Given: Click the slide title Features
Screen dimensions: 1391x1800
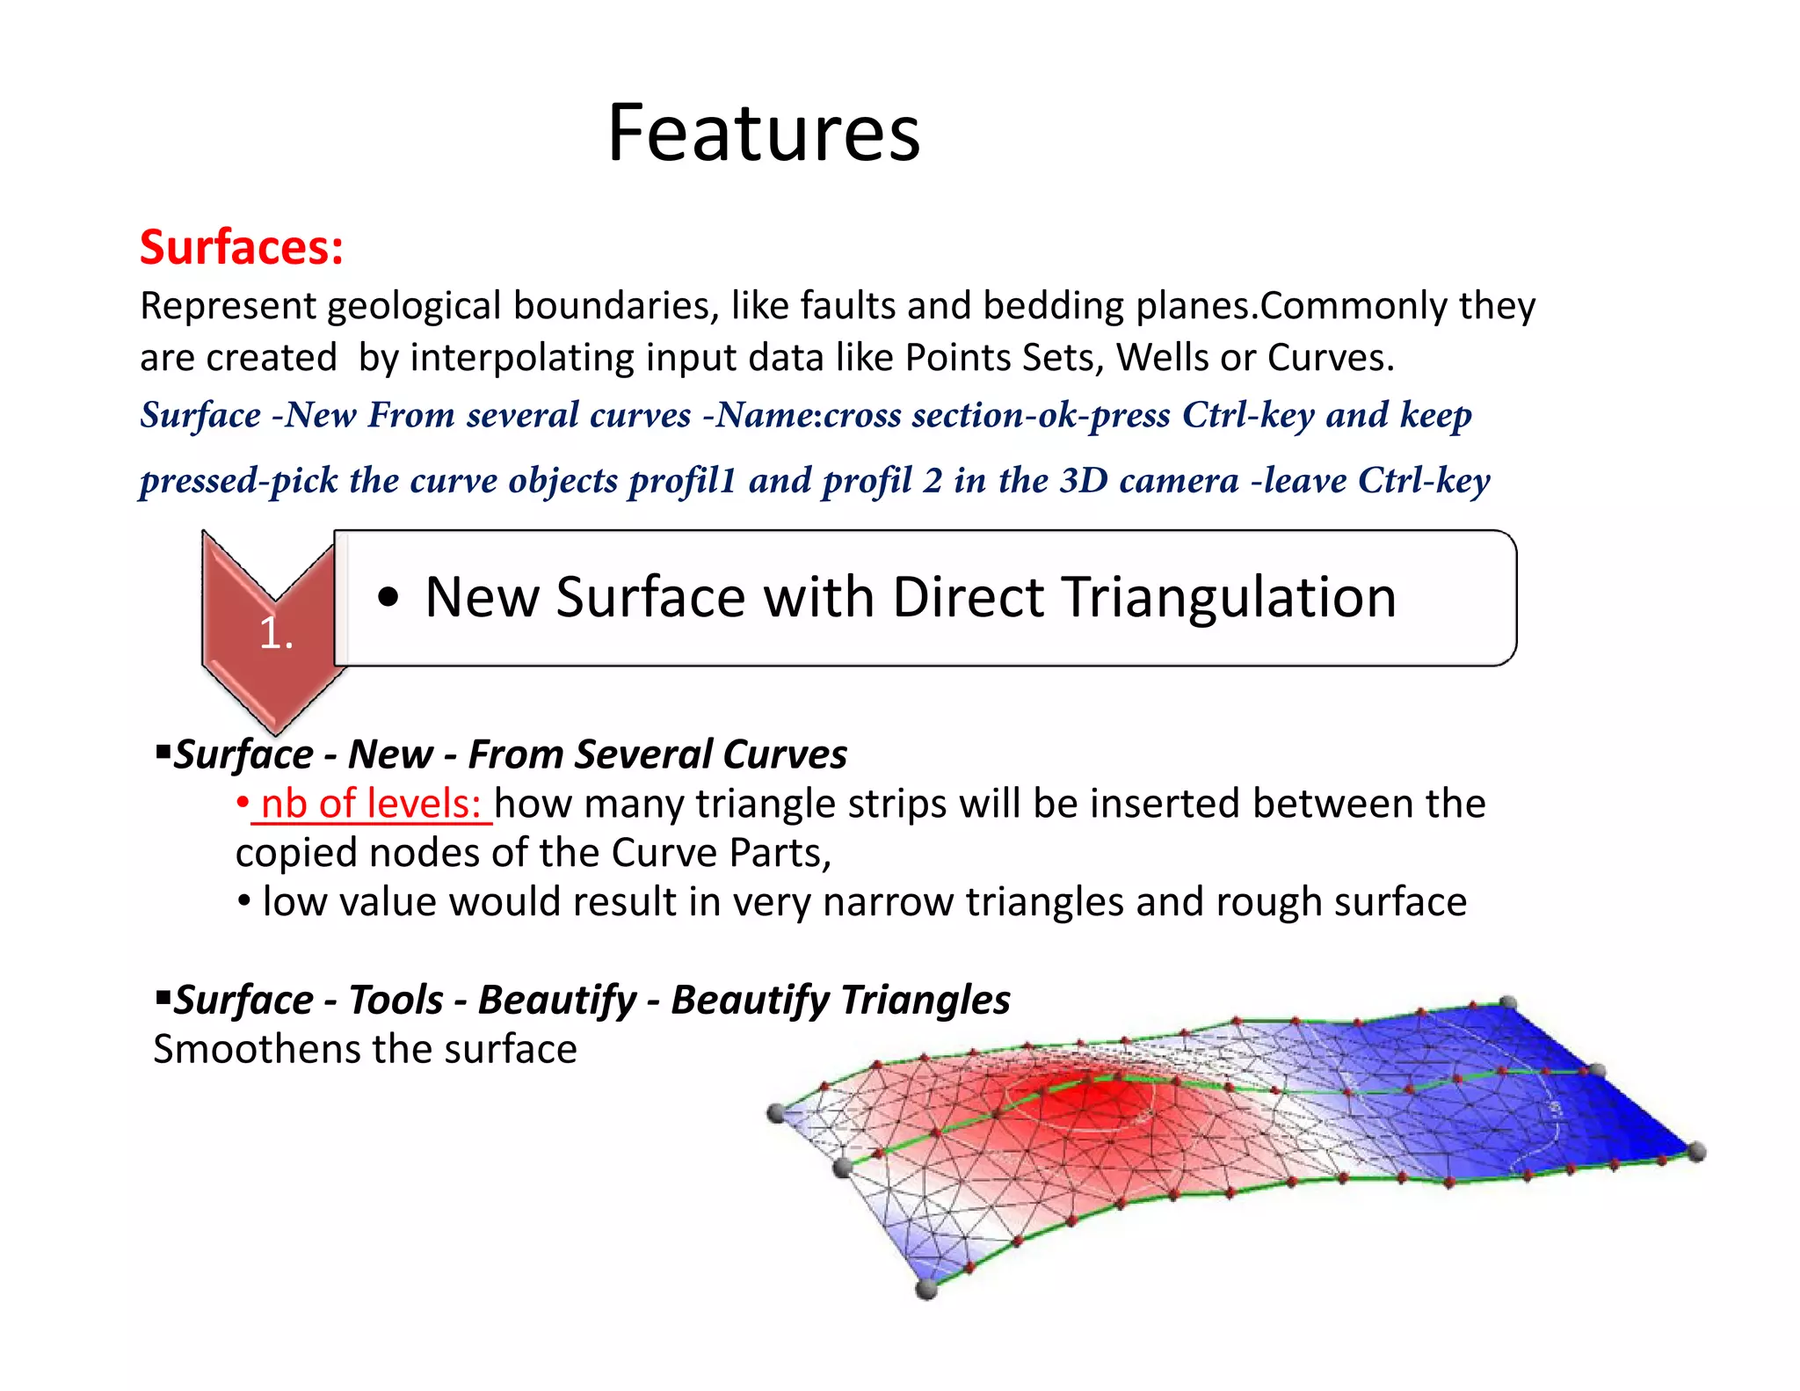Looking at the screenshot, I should coord(763,134).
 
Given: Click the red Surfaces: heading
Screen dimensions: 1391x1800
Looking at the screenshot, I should coord(241,247).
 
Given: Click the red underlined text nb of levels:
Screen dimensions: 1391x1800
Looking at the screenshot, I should coord(371,804).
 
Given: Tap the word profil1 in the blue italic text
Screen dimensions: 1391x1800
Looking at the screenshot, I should coord(681,480).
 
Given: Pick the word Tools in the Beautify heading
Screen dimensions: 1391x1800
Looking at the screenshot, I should coord(396,1000).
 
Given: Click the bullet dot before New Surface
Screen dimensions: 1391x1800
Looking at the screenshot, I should coord(388,598).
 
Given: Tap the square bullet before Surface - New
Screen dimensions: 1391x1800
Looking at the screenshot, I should coord(163,752).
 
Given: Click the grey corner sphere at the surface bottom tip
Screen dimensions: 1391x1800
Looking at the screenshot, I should coord(926,1289).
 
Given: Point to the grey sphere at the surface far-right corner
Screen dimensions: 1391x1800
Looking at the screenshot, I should coord(1697,1151).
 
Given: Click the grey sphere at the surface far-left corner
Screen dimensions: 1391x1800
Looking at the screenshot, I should coord(775,1113).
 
